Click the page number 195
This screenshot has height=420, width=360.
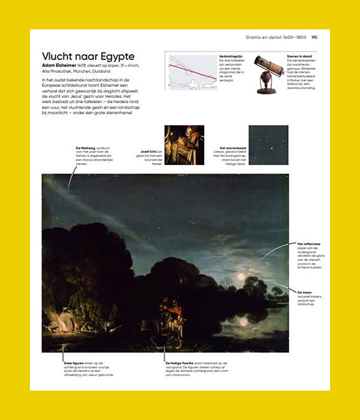coord(314,37)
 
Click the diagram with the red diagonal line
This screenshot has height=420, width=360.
coord(191,71)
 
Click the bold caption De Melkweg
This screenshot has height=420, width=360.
coord(86,148)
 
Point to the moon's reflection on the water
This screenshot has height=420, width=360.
coord(243,321)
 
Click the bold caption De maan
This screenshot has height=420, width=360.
coord(305,292)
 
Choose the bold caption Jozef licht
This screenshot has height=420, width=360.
coord(148,151)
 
